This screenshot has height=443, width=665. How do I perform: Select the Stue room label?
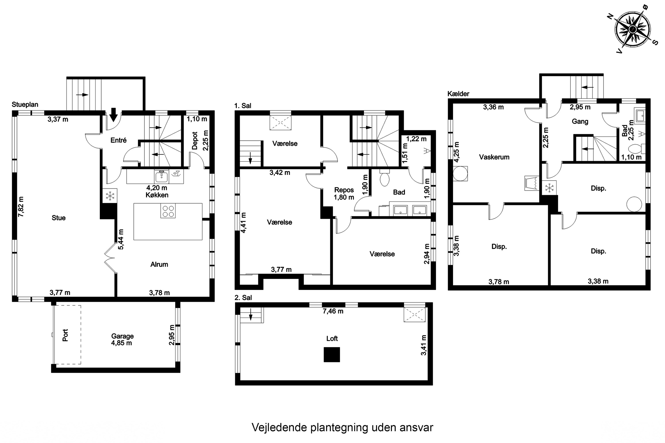pyautogui.click(x=59, y=218)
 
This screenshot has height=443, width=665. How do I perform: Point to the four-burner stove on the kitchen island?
pyautogui.click(x=168, y=211)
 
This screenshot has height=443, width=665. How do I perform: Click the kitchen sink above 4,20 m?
pyautogui.click(x=161, y=177)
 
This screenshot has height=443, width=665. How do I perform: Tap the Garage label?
pyautogui.click(x=122, y=336)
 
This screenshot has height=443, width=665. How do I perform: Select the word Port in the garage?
pyautogui.click(x=65, y=335)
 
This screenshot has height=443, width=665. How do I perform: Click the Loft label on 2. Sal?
pyautogui.click(x=332, y=338)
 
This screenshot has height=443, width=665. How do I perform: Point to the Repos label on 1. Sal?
pyautogui.click(x=344, y=190)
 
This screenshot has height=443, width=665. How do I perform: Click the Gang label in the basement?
pyautogui.click(x=580, y=121)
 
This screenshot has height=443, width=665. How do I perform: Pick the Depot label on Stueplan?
pyautogui.click(x=195, y=140)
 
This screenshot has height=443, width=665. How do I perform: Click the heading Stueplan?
pyautogui.click(x=25, y=105)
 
